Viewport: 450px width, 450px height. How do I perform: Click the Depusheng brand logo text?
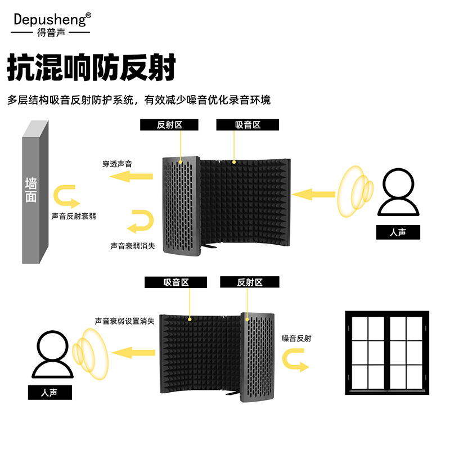51,20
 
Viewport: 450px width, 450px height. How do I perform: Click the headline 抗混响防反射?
92,69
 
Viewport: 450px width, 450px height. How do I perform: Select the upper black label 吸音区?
247,125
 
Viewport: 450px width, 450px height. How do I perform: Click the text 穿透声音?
121,164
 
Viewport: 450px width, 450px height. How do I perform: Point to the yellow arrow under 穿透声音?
130,177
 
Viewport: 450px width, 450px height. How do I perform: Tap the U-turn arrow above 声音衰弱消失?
140,221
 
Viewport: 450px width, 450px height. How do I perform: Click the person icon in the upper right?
398,193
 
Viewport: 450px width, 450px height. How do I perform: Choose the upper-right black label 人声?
398,232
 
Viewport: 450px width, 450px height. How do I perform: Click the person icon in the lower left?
51,354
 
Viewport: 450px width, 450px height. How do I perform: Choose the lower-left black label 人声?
50,392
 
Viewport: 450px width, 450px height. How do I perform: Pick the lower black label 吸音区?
175,282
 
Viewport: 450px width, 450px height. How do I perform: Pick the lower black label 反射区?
250,282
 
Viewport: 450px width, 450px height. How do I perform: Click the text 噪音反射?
296,339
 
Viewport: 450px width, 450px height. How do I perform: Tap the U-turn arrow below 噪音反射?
296,360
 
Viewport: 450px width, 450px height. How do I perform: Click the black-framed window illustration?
386,352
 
